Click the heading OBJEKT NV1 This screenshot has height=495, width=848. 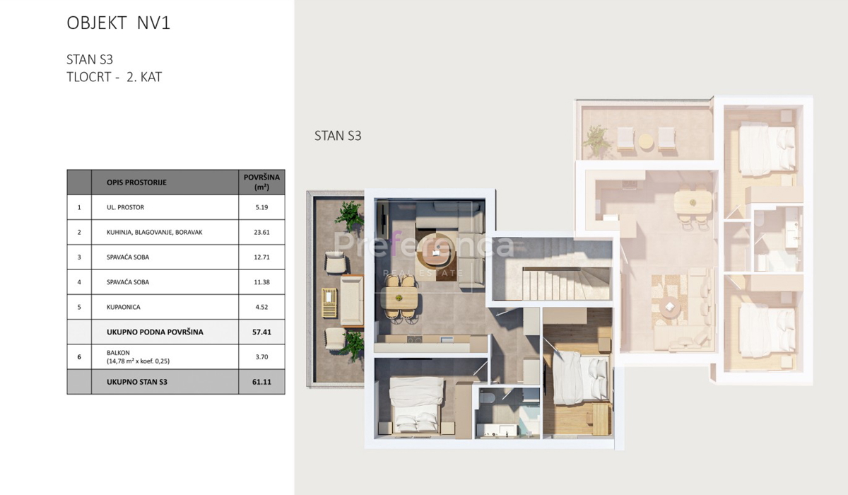[x=119, y=23]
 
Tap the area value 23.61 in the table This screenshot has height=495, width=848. [x=261, y=232]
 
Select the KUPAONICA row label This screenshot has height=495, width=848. [x=124, y=307]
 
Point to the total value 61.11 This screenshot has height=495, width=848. [x=261, y=382]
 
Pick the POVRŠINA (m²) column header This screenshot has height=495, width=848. [x=261, y=182]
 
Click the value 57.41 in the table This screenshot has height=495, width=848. [x=261, y=332]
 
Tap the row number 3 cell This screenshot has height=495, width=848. [x=79, y=257]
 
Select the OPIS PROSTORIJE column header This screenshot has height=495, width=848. [x=136, y=182]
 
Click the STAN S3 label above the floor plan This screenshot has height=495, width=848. [x=338, y=136]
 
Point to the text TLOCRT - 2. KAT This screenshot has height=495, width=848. [x=114, y=77]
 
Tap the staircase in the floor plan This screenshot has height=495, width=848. [x=566, y=284]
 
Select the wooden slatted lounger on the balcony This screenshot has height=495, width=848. [x=329, y=303]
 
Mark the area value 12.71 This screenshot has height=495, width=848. [x=261, y=257]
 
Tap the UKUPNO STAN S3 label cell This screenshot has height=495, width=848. [x=136, y=382]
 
